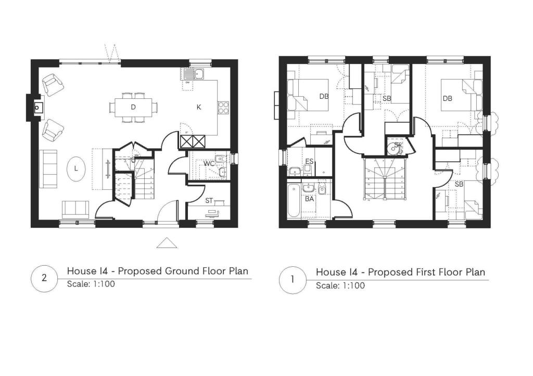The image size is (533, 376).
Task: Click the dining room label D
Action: pyautogui.click(x=133, y=107)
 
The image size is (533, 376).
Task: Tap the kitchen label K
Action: pyautogui.click(x=198, y=107)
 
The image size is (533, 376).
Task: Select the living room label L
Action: pyautogui.click(x=75, y=168)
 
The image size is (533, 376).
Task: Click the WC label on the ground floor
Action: pyautogui.click(x=209, y=163)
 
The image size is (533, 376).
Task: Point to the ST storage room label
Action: pyautogui.click(x=209, y=200)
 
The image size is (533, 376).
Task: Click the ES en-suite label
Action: pyautogui.click(x=309, y=161)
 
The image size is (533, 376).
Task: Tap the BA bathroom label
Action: pyautogui.click(x=309, y=199)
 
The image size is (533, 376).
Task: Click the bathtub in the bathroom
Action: pyautogui.click(x=294, y=200)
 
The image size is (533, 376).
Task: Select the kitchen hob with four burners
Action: pyautogui.click(x=223, y=108)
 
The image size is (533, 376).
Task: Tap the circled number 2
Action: pyautogui.click(x=44, y=278)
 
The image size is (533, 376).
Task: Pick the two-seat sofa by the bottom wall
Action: pyautogui.click(x=76, y=209)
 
